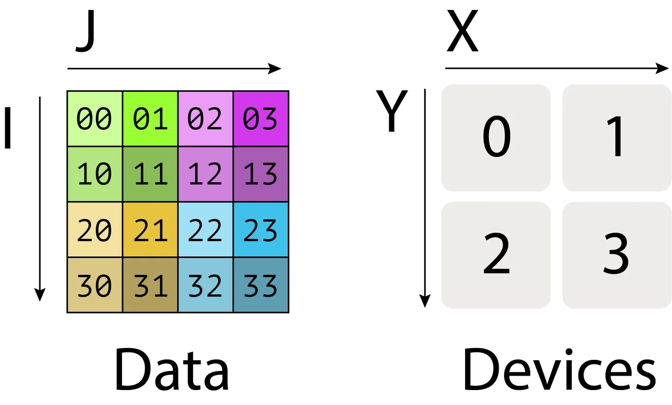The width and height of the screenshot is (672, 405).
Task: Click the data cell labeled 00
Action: (x=95, y=118)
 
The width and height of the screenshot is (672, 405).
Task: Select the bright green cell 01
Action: (x=150, y=118)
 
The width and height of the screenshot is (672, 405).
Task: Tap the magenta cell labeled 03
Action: (x=261, y=118)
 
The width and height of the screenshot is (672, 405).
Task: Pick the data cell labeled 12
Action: (x=205, y=174)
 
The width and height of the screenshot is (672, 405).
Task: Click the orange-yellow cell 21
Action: (x=150, y=230)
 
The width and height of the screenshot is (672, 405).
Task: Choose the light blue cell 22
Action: (x=205, y=230)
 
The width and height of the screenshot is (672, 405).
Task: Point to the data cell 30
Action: (x=95, y=285)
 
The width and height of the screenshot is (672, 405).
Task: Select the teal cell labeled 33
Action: (x=261, y=285)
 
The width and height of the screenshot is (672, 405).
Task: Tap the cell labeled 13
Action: (x=261, y=174)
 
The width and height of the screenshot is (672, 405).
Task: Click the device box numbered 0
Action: (x=496, y=138)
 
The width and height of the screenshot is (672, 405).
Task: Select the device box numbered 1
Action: (x=617, y=138)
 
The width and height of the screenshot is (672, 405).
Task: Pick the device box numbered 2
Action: (x=496, y=255)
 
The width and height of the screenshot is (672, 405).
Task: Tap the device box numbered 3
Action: (x=617, y=255)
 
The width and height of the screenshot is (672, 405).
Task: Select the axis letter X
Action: (x=462, y=31)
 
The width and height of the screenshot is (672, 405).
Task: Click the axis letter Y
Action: (x=392, y=111)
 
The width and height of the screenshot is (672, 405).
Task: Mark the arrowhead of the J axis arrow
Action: (x=275, y=69)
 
